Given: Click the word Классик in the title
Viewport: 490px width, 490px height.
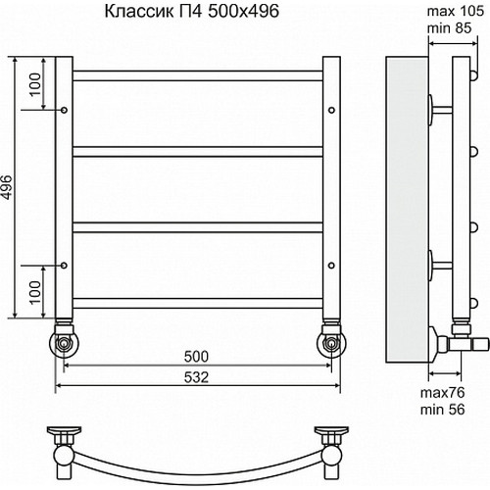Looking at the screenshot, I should coord(132,14).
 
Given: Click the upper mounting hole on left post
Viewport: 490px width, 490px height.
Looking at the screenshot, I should coord(65,111).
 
